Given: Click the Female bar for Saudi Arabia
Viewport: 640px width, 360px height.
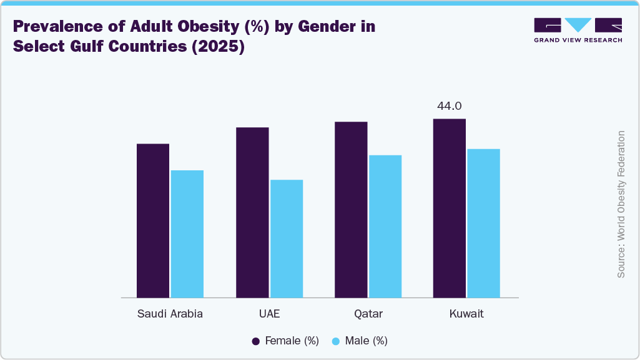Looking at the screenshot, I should click(153, 220).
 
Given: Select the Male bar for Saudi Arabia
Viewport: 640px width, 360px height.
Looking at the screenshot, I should click(187, 233).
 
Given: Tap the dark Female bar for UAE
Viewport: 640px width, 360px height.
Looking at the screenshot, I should click(252, 212).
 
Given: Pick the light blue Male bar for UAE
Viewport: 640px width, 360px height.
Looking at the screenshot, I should click(287, 238).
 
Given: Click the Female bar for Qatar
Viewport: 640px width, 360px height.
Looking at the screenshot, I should click(351, 209).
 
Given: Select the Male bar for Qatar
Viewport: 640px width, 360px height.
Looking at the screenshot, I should click(385, 226).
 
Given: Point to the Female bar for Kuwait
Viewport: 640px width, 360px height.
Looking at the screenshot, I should click(450, 208).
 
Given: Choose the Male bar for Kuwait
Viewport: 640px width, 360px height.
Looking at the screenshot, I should click(484, 223).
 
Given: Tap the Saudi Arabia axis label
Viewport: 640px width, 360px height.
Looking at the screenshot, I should click(170, 314).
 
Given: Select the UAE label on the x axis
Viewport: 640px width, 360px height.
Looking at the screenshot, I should click(269, 314).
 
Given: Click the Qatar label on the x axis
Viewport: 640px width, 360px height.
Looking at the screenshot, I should click(368, 314).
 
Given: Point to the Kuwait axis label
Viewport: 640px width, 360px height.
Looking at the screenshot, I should click(466, 314).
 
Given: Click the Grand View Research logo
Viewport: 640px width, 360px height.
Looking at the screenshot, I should click(578, 29).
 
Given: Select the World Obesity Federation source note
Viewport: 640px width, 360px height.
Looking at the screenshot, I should click(621, 205).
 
